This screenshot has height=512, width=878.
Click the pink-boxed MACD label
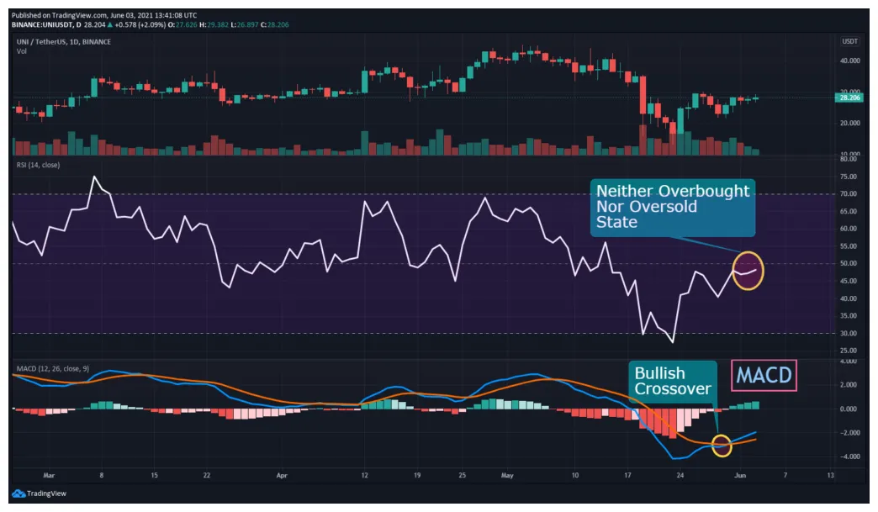pyautogui.click(x=764, y=375)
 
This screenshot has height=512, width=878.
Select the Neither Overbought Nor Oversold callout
pyautogui.click(x=673, y=207)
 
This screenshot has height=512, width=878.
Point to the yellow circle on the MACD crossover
pyautogui.click(x=722, y=446)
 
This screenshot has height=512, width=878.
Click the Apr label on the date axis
pyautogui.click(x=283, y=474)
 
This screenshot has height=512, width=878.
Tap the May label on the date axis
pyautogui.click(x=506, y=474)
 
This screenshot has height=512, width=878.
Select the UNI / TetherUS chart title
pyautogui.click(x=42, y=41)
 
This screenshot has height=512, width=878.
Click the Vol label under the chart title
pyautogui.click(x=21, y=51)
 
